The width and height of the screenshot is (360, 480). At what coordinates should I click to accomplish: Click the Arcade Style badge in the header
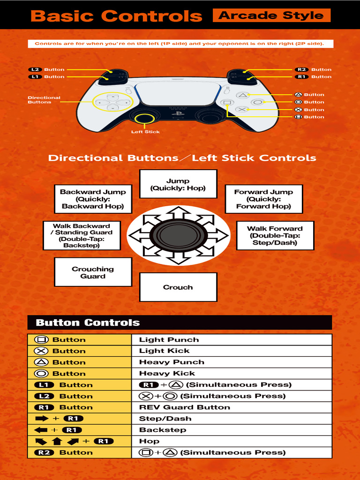(x=271, y=15)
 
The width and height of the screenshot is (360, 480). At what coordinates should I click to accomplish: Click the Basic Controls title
(x=116, y=16)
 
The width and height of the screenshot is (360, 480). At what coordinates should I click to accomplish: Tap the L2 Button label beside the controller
(x=47, y=69)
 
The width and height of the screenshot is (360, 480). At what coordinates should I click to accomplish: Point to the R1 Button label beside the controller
(x=313, y=76)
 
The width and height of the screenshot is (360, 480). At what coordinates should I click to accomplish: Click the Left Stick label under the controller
(x=145, y=132)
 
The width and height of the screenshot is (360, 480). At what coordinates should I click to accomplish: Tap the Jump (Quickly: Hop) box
(x=178, y=184)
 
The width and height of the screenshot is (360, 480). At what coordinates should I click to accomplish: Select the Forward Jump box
(x=263, y=199)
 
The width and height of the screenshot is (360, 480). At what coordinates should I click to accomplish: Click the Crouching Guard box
(x=93, y=272)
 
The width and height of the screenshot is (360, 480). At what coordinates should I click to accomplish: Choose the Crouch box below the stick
(x=178, y=287)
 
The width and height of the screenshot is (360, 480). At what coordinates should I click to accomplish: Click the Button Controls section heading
(x=88, y=322)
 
